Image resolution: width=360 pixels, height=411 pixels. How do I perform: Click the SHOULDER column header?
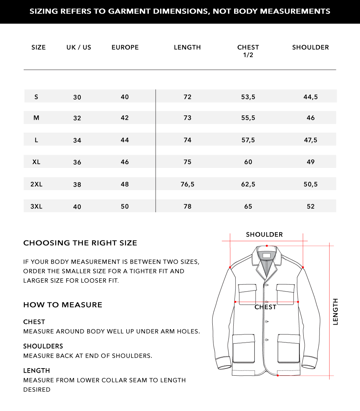pos(310,47)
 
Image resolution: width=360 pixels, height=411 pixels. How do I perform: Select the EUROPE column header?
pos(125,47)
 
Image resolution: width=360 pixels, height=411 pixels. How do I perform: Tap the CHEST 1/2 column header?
pos(248,51)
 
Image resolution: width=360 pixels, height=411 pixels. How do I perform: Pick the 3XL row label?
pos(36,206)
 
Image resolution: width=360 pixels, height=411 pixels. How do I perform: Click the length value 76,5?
pos(187,184)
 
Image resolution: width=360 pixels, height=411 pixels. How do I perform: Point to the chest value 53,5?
pos(248,97)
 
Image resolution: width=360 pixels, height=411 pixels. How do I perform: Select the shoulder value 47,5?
pos(310,140)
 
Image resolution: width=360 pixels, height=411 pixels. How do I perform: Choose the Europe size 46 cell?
pos(125,162)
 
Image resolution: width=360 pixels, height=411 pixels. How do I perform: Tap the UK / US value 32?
pos(77,118)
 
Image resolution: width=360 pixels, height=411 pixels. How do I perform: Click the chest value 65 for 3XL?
pos(248,206)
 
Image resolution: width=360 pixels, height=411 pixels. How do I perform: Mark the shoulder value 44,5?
pos(310,97)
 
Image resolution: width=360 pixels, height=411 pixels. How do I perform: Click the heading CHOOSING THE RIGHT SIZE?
pos(80,243)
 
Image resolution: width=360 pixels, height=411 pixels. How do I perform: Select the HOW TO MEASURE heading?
pos(63,305)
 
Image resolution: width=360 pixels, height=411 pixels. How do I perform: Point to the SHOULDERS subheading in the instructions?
pos(43,346)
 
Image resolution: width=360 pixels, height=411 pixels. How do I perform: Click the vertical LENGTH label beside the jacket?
pos(335,311)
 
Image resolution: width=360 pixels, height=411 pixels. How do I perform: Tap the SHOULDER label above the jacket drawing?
pos(264,235)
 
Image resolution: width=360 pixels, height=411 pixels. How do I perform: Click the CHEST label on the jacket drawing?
pos(265,307)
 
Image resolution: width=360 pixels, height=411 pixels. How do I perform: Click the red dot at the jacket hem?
pos(278,375)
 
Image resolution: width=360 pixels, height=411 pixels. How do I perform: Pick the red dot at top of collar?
pos(267,246)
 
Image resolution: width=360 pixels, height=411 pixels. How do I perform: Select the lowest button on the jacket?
pos(266,340)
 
